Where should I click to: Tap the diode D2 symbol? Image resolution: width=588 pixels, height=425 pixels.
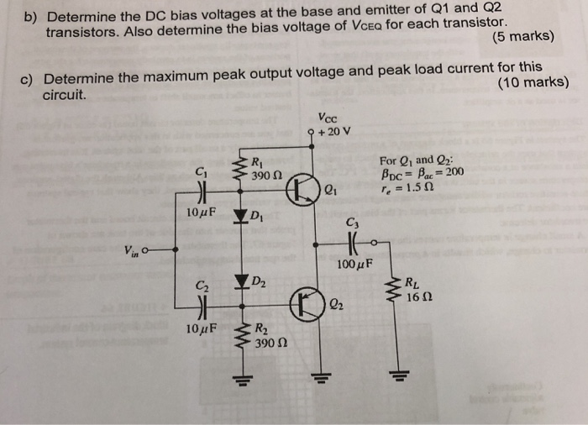coord(244,281)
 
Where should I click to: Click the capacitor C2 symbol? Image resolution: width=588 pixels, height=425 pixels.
coord(200,302)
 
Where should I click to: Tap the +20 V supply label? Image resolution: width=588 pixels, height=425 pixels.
coord(336,131)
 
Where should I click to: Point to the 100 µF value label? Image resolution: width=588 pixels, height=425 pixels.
coord(354,266)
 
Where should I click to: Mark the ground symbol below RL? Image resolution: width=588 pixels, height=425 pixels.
coord(392,373)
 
